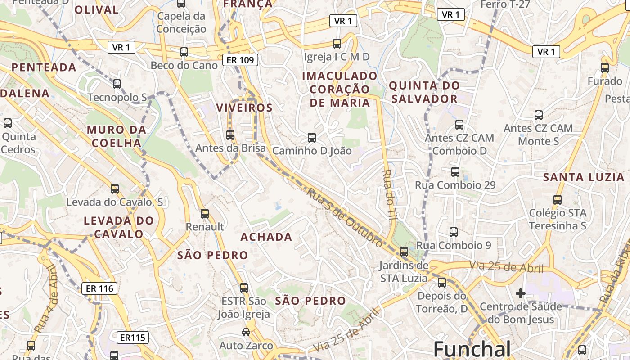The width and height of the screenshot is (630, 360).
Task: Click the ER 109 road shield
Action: coord(240,59)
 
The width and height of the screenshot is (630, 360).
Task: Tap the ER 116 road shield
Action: coord(99,288)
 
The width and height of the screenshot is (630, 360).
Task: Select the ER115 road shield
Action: coord(134,337)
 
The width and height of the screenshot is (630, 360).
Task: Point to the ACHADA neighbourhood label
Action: coord(266,237)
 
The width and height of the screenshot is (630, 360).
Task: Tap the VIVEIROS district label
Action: coord(244,108)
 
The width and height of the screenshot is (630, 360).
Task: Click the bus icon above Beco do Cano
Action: coord(184,52)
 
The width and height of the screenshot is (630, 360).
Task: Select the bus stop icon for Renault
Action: coord(205,214)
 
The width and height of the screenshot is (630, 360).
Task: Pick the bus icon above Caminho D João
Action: coord(312,138)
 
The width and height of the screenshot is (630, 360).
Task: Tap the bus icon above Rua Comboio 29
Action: coord(455,172)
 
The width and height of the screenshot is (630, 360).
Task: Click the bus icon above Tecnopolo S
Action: coord(117,84)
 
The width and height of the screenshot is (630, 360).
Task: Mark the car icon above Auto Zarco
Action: coord(246,332)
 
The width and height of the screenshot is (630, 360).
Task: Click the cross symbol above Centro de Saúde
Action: coord(521,294)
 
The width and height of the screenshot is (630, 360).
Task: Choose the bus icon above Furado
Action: coord(605,68)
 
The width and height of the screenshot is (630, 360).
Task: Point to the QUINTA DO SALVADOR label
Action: coord(424,92)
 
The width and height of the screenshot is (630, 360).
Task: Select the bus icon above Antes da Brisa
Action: coord(230,135)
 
